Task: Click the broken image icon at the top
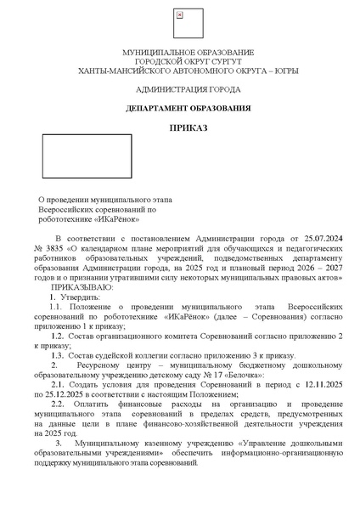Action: pyautogui.click(x=179, y=15)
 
